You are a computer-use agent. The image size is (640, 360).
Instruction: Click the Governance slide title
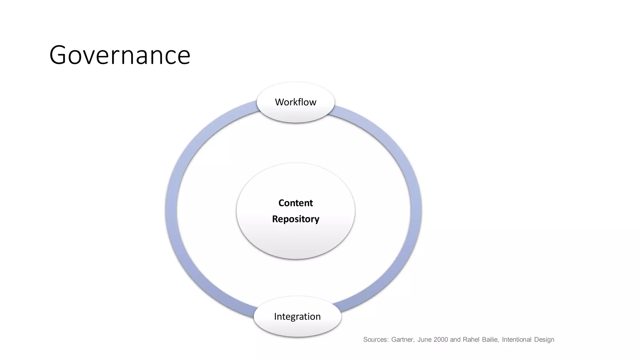point(120,55)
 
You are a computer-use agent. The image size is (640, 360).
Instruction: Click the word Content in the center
point(295,203)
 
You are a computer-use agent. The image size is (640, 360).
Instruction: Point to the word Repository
point(295,219)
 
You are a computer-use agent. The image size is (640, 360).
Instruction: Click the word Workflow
point(295,102)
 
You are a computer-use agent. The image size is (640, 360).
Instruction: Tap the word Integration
point(297,317)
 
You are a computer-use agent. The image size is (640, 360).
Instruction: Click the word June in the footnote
point(424,340)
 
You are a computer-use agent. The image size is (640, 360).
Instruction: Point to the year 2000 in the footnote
point(441,340)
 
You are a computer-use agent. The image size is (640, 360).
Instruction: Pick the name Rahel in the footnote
point(471,340)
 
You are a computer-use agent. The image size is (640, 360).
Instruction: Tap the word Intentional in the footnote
point(517,340)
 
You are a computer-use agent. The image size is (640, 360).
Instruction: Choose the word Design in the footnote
point(544,340)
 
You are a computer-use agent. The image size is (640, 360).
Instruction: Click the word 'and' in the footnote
point(455,340)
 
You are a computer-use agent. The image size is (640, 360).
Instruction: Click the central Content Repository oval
point(295,241)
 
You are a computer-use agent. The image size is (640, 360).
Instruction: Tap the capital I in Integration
point(275,316)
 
